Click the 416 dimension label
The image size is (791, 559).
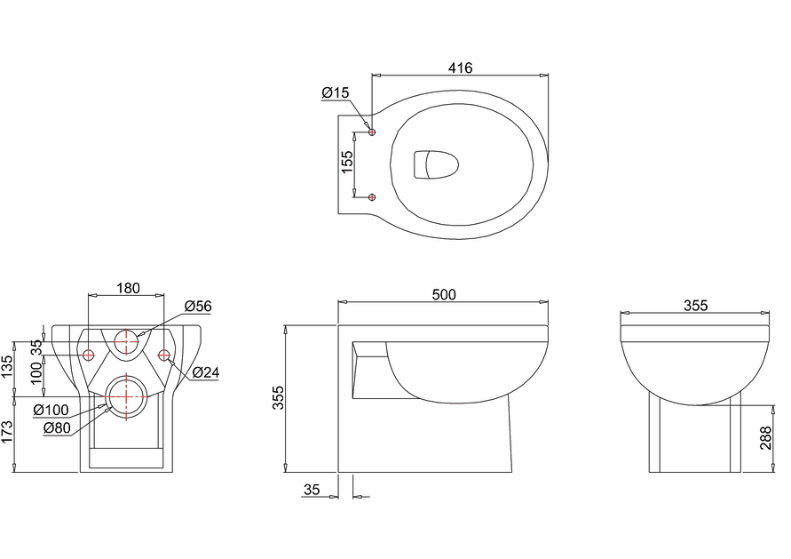pyautogui.click(x=460, y=68)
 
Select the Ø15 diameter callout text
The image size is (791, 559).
pyautogui.click(x=335, y=92)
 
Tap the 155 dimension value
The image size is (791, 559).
pyautogui.click(x=347, y=162)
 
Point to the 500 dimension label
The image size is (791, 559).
pyautogui.click(x=444, y=294)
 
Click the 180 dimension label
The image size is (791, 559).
pyautogui.click(x=128, y=288)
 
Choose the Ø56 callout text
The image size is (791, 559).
pyautogui.click(x=198, y=306)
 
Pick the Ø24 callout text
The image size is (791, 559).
pyautogui.click(x=206, y=372)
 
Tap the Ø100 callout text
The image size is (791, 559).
pyautogui.click(x=51, y=410)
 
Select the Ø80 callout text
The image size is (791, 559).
pyautogui.click(x=57, y=427)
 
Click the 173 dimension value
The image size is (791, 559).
pyautogui.click(x=7, y=433)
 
